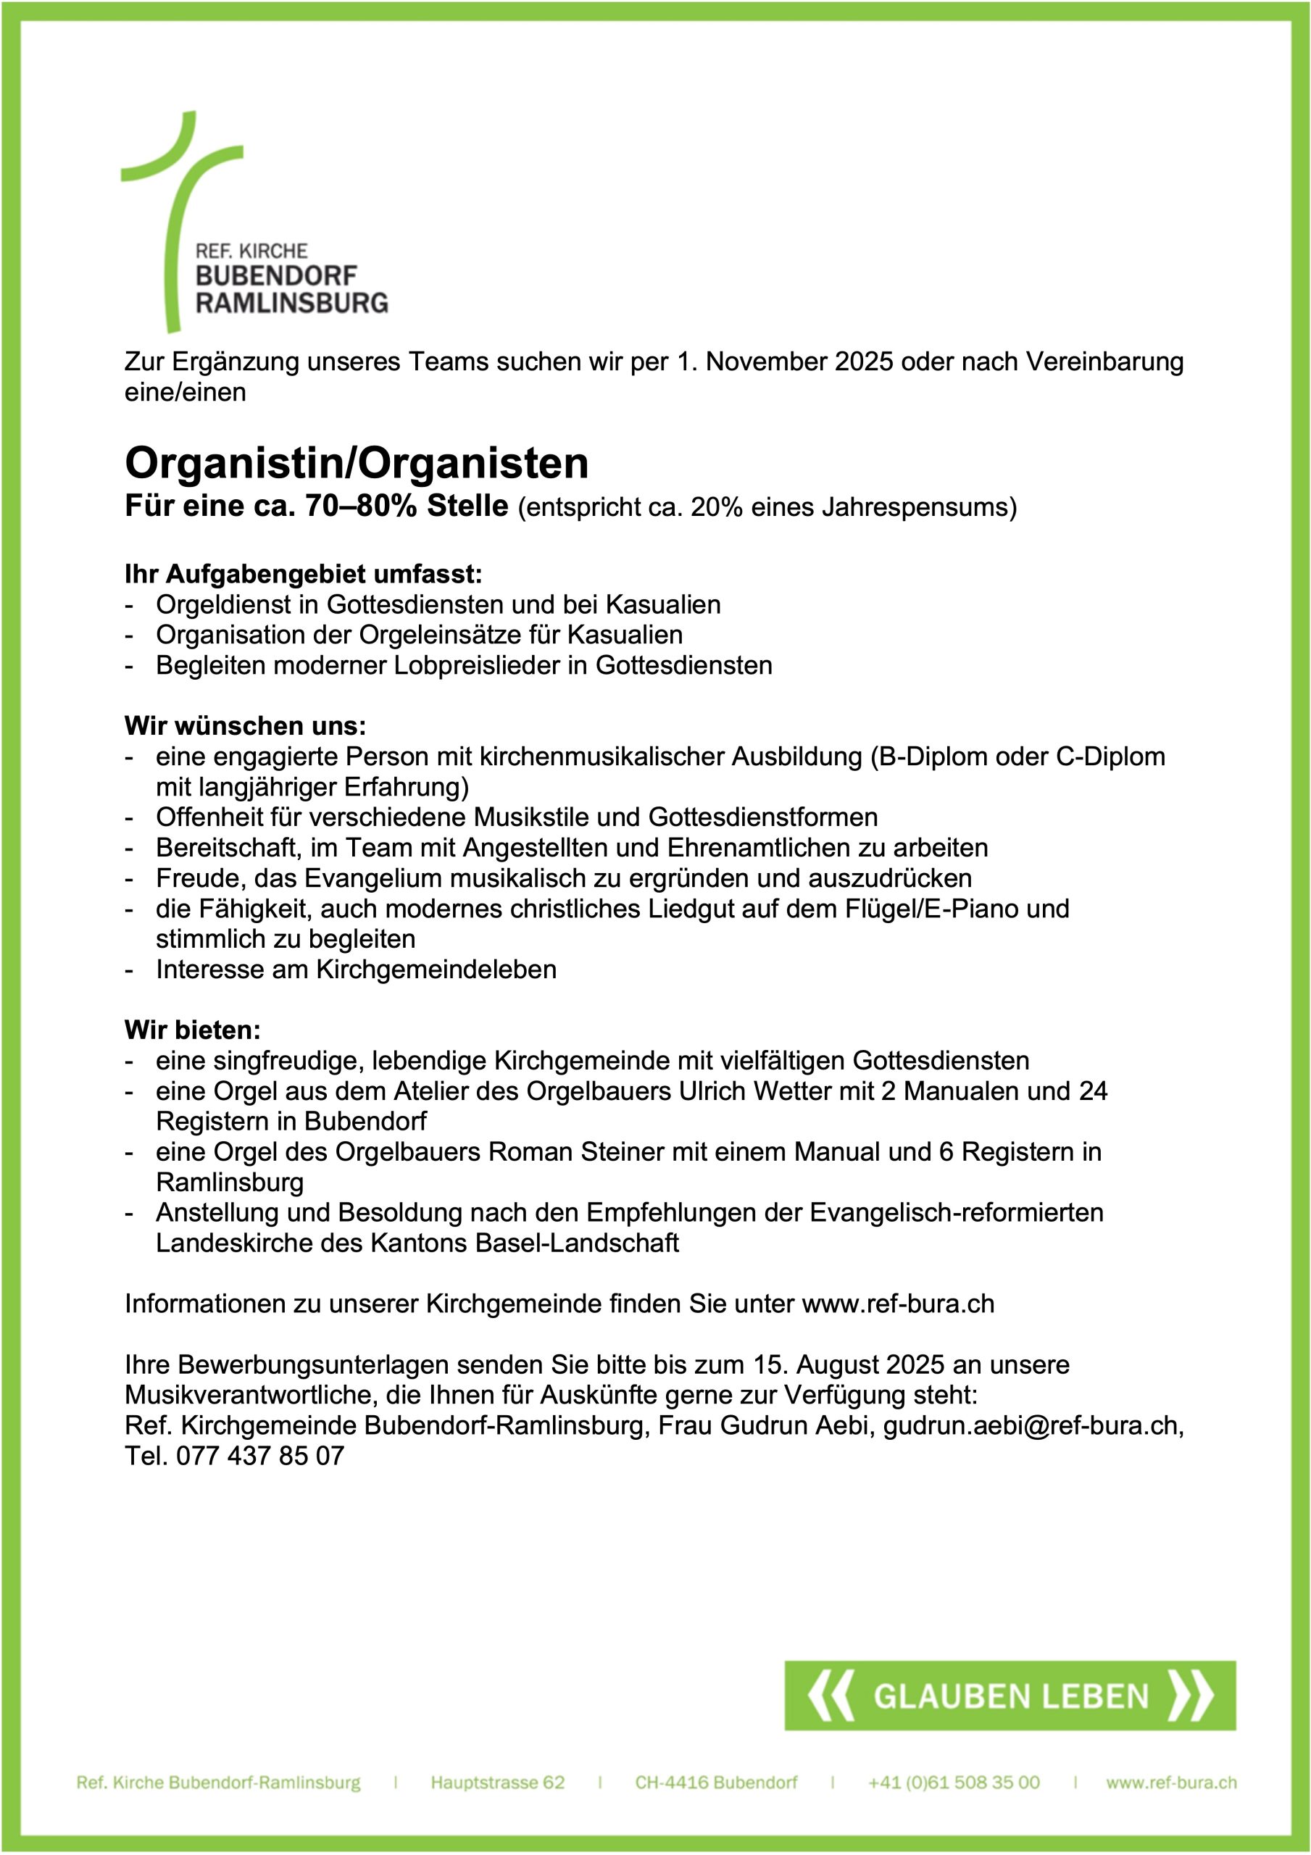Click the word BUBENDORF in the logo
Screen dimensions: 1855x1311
click(275, 275)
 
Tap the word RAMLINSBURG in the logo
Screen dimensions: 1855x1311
click(292, 303)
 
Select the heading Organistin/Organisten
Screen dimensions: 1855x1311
click(357, 463)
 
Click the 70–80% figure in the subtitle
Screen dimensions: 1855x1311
click(362, 507)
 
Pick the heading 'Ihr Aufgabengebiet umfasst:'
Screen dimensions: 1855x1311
click(303, 575)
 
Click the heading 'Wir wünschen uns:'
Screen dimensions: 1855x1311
click(245, 725)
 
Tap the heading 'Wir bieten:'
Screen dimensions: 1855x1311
click(192, 1030)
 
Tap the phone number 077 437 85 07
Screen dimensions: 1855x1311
click(260, 1456)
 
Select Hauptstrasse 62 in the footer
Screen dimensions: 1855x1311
click(497, 1783)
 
